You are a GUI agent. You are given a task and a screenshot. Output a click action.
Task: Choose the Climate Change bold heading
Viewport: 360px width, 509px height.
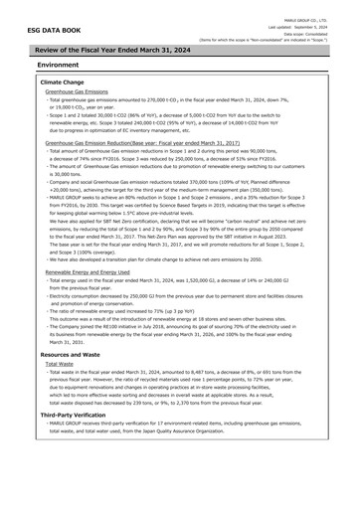click(62, 82)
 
